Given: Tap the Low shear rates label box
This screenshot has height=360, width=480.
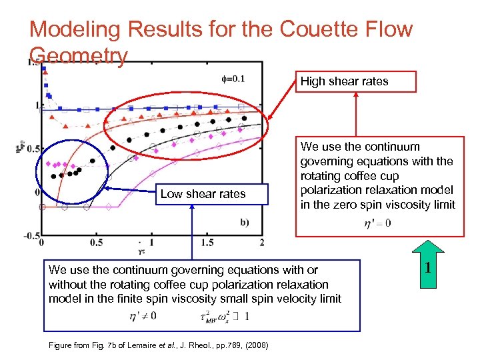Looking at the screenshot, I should (203, 194).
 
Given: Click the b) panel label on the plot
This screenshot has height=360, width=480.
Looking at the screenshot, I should (244, 222).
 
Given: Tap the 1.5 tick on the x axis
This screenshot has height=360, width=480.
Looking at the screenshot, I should (207, 241).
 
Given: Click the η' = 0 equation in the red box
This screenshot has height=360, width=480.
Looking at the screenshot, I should (377, 223).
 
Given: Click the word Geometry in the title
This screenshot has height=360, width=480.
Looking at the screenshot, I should (78, 56).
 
